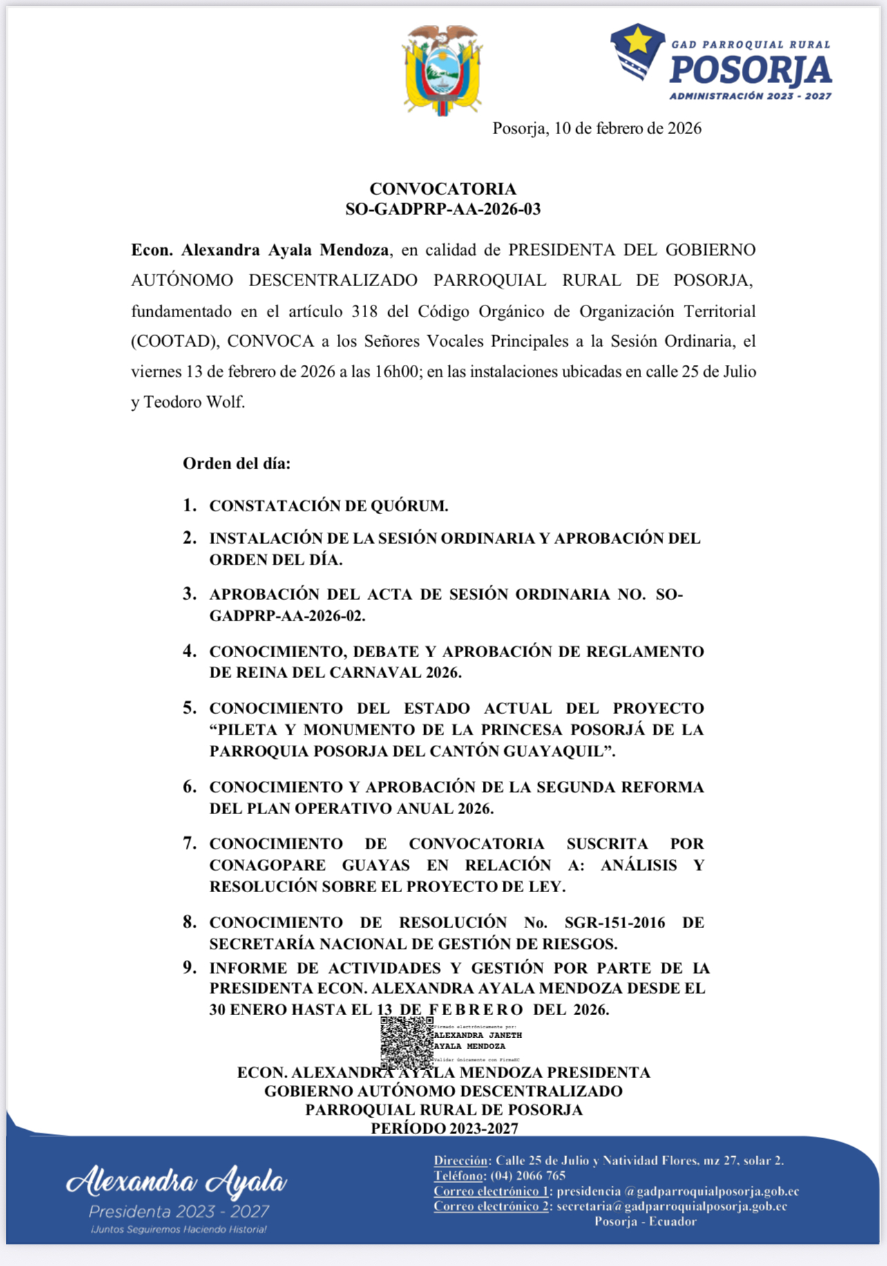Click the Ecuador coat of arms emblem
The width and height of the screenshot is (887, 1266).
442,70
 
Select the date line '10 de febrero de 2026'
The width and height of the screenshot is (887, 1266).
627,129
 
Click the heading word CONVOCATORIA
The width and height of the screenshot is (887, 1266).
443,189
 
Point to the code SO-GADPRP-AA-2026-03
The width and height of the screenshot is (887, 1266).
443,209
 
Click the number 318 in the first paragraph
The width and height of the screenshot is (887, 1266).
364,311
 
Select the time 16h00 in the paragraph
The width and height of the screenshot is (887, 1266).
397,372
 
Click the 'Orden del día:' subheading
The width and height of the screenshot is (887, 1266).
236,464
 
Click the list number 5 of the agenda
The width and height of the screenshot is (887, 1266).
189,708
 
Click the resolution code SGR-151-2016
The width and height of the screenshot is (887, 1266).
615,923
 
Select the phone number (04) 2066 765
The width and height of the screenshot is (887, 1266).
528,1175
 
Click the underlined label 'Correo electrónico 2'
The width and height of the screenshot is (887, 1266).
491,1206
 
